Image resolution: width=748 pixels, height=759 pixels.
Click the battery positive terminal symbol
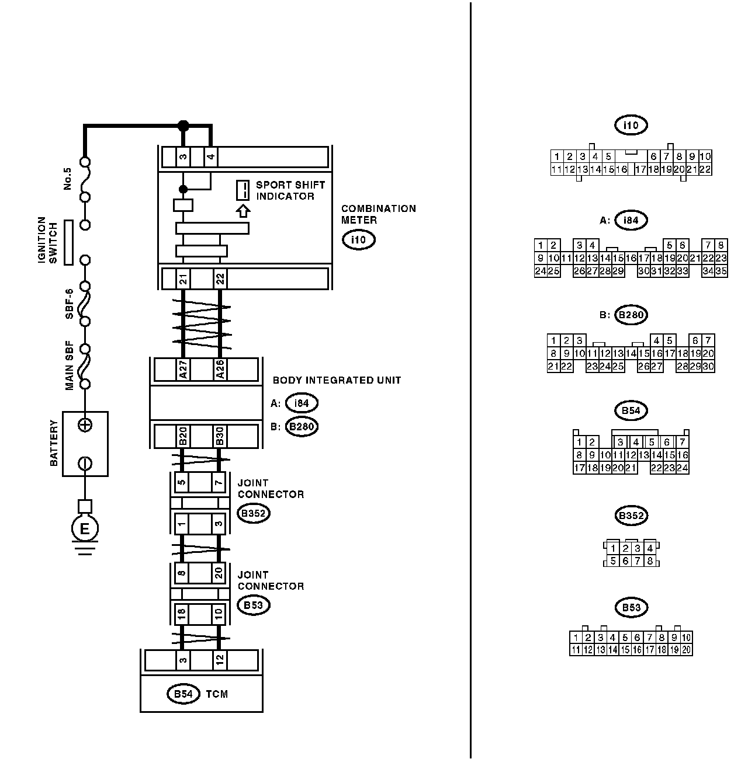coord(85,425)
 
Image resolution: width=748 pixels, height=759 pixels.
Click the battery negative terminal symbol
coord(85,464)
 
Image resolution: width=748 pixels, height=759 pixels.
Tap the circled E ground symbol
coord(85,529)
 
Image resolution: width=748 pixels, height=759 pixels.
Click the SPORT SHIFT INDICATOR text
coord(290,190)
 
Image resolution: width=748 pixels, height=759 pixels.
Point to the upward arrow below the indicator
coord(243,210)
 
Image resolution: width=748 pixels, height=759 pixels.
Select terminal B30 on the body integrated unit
coord(220,436)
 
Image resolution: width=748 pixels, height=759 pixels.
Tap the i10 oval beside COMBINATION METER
coord(358,239)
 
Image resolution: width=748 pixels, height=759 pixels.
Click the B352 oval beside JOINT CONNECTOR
coord(253,513)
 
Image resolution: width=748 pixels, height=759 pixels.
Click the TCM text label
coord(217,694)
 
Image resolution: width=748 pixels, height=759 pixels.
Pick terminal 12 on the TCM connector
coord(219,660)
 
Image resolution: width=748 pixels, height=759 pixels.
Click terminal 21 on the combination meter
coord(183,279)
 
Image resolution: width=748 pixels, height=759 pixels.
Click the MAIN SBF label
coord(68,365)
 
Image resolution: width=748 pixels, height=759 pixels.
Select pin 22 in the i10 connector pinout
coord(705,169)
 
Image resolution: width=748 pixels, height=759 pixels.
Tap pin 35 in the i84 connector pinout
coord(721,271)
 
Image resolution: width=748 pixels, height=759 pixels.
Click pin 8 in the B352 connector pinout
coord(650,561)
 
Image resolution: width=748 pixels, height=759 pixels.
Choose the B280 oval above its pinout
coord(631,315)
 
